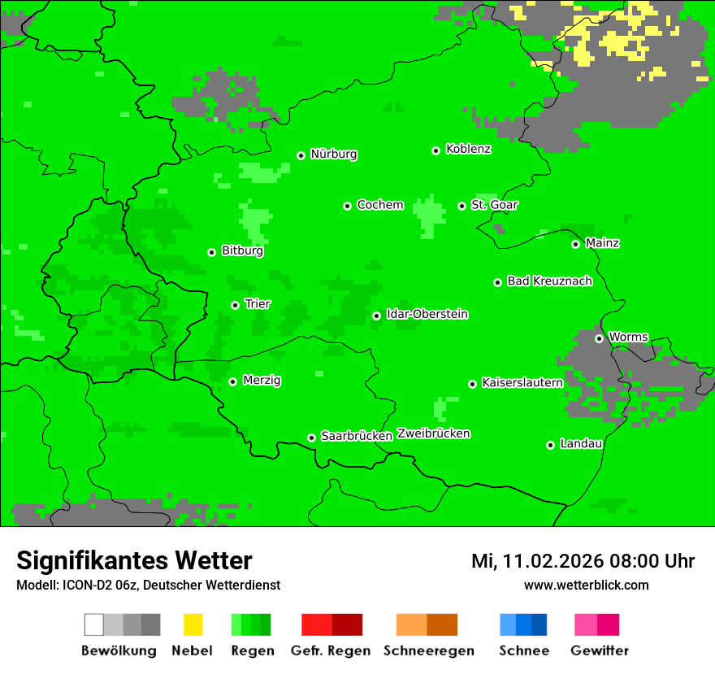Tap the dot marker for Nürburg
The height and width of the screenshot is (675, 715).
point(301,155)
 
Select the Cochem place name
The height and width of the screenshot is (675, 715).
point(380,205)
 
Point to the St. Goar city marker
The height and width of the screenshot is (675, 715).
point(461,206)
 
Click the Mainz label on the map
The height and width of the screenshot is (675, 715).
point(602,243)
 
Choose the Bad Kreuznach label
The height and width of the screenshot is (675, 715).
point(549,281)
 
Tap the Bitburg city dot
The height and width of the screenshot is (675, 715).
point(211,252)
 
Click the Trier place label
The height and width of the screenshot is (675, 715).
point(258,304)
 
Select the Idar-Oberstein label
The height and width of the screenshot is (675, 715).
point(427,315)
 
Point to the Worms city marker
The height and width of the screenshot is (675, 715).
point(599,338)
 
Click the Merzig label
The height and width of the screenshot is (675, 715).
point(262,381)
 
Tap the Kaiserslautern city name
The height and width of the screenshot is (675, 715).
point(522,383)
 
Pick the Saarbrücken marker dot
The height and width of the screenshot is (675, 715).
point(311,438)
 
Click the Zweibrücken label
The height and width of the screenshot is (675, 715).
point(433,433)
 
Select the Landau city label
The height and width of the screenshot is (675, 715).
point(581,444)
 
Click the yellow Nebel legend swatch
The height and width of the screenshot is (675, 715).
point(193,625)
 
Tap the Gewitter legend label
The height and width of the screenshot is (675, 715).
point(599,651)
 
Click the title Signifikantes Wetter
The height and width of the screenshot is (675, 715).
point(134,560)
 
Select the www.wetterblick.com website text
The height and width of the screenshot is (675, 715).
point(586,585)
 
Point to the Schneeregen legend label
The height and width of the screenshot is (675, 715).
point(428,651)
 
